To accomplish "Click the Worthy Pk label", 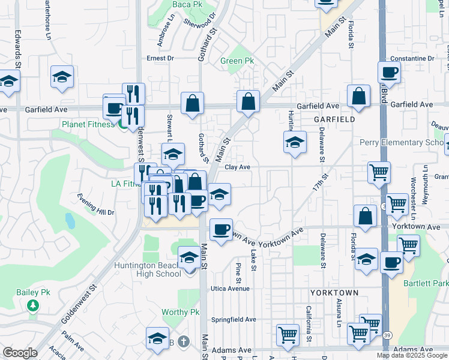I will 180,312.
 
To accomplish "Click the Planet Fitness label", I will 88,124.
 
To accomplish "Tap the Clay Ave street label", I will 238,168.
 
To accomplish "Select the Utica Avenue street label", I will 229,289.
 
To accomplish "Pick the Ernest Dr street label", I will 160,58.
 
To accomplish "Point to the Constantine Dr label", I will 412,59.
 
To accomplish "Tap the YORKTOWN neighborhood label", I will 334,292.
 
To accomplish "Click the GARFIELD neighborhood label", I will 334,119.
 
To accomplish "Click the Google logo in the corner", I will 20,353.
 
